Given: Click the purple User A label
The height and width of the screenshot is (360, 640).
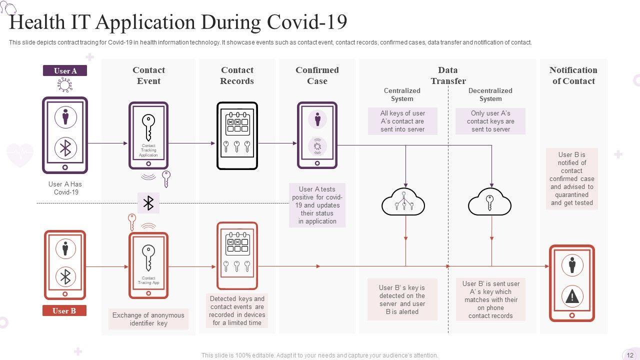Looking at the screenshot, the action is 65,70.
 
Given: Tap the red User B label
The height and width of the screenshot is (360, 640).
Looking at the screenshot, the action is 64,310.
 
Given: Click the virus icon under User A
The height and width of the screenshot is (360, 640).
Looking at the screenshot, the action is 65,85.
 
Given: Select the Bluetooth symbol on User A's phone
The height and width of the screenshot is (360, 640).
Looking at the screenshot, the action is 65,148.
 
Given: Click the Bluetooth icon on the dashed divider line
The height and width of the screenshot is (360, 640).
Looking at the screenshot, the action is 148,203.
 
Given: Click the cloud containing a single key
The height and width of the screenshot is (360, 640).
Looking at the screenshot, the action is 489,201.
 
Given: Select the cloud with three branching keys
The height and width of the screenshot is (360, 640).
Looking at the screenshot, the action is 403,201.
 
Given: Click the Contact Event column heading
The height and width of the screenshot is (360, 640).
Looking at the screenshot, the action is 148,75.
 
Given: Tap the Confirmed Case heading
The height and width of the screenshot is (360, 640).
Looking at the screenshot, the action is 317,75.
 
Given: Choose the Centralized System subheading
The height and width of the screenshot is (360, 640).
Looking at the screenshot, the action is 402,94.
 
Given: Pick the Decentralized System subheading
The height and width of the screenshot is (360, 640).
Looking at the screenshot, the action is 490,94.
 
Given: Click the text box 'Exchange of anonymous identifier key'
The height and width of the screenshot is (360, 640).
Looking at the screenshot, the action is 148,319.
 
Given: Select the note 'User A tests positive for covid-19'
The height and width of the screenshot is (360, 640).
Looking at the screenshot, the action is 317,205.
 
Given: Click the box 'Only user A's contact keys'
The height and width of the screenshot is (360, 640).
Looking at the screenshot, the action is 490,121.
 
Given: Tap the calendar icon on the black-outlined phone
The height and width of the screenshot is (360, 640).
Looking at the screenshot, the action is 237,123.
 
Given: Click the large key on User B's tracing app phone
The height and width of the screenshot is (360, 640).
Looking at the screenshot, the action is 148,257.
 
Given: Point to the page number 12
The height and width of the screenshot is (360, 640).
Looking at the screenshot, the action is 630,355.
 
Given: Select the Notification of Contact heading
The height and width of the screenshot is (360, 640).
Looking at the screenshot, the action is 573,75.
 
